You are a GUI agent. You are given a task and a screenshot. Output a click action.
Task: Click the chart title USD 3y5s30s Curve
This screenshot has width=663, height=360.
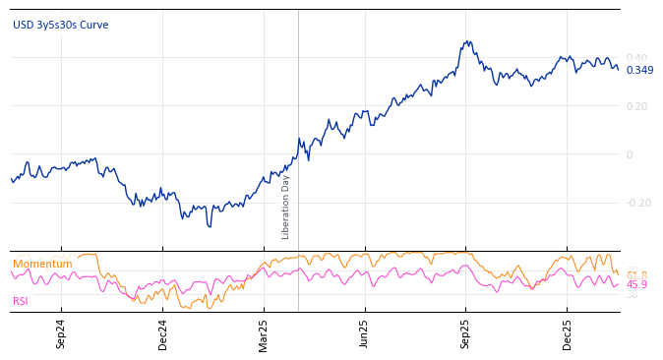60,25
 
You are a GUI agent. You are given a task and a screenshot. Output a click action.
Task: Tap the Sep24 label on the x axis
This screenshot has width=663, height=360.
61,333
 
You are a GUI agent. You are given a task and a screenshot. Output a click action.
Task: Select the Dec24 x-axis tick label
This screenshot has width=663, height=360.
162,333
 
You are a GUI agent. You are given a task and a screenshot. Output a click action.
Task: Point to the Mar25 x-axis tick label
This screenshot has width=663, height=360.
264,333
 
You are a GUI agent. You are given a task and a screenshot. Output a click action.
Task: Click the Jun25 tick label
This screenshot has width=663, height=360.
364,333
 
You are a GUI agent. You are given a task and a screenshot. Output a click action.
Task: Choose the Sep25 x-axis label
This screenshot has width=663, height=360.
465,333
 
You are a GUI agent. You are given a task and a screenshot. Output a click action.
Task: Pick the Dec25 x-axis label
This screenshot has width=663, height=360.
567,333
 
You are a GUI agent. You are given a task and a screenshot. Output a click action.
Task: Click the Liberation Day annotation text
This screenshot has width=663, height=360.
286,207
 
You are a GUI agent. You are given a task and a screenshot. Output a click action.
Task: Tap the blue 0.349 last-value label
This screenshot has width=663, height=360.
639,70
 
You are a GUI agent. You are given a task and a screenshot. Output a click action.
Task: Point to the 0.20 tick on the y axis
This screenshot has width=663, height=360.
636,106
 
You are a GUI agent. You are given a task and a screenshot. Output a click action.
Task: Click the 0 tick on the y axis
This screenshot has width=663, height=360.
630,154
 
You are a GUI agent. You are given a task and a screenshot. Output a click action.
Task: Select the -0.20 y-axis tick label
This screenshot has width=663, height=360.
638,203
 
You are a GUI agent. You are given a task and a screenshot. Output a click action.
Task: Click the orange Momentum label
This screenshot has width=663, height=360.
42,264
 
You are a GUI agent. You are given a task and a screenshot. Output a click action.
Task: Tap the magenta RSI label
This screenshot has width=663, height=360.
21,301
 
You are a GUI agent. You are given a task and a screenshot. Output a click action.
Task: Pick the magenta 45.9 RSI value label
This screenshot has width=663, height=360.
636,284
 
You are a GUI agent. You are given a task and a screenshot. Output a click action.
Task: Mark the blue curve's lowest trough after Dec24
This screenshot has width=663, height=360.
209,226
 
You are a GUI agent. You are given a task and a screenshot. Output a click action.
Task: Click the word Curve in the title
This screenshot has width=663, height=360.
94,25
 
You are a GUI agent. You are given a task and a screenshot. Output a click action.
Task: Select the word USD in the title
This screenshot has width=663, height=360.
23,25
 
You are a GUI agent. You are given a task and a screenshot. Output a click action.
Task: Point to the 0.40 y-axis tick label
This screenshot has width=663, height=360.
636,58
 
